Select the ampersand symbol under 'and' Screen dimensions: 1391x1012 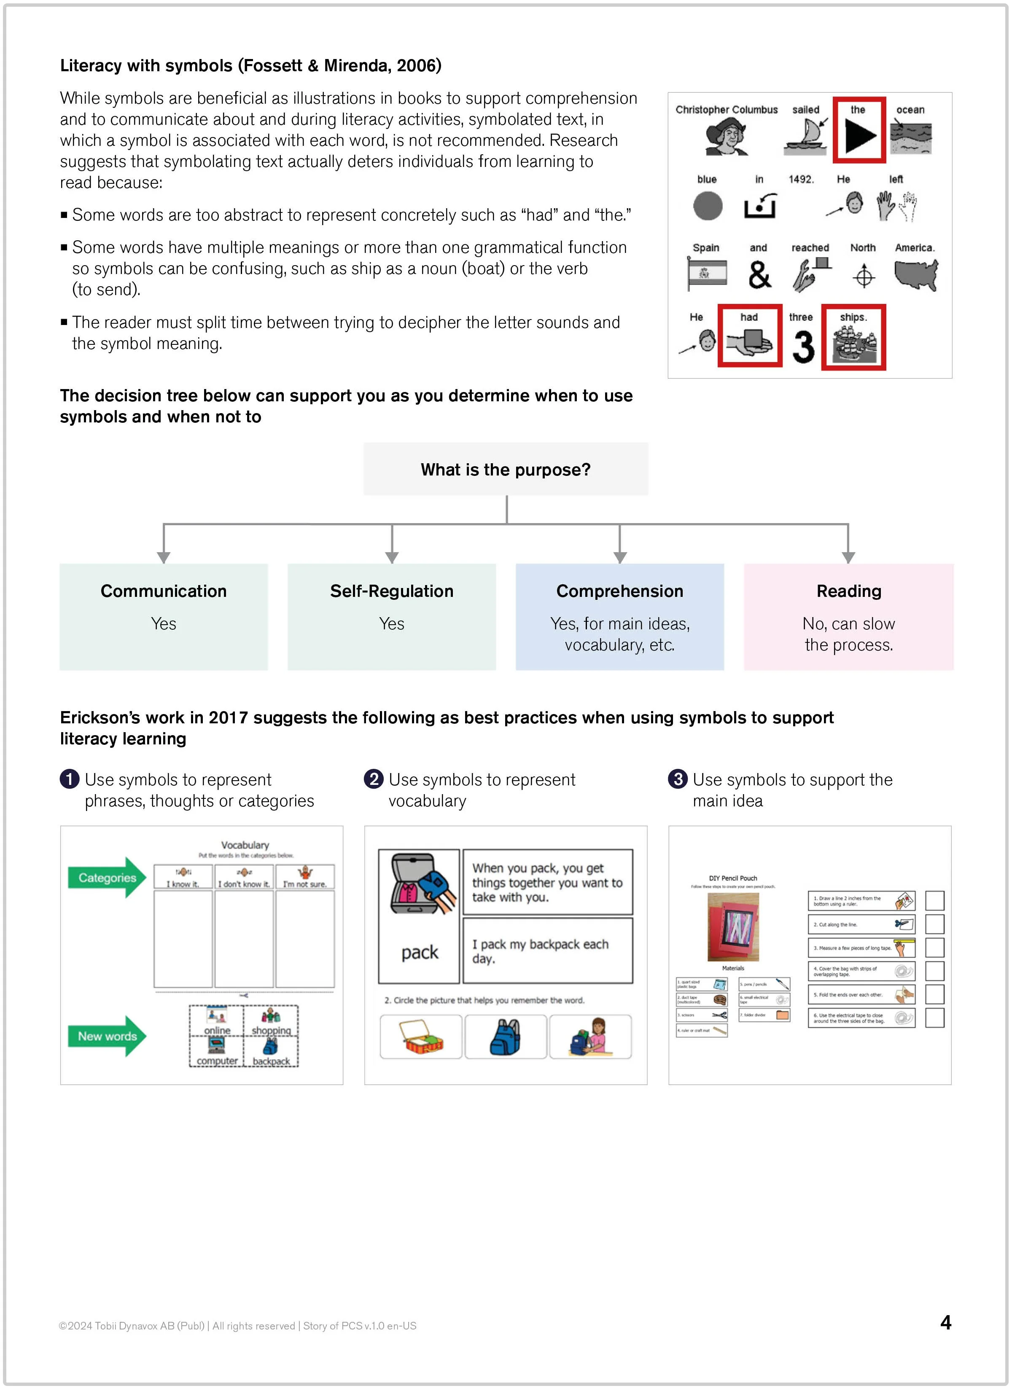coord(759,275)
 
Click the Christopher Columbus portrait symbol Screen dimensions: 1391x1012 coord(726,136)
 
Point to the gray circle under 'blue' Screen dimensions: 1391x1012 coord(708,205)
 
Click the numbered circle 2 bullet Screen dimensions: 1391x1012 coord(373,779)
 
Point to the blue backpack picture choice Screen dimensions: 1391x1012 coord(506,1037)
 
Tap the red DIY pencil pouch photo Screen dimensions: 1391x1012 coord(733,927)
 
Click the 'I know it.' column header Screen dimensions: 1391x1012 coord(183,877)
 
